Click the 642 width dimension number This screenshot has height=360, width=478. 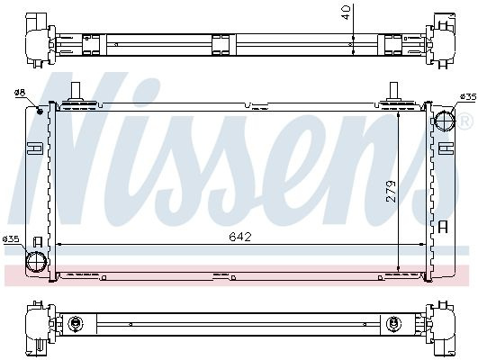240,237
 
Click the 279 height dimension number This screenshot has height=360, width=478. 391,192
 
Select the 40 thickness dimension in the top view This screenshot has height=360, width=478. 347,13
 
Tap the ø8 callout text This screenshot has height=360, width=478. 20,93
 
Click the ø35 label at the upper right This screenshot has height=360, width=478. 468,97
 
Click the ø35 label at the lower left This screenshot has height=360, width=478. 11,239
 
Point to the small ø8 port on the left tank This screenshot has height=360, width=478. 40,112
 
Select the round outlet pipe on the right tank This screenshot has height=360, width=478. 445,120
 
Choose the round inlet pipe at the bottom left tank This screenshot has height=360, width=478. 37,262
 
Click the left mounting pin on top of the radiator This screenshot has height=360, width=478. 75,92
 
